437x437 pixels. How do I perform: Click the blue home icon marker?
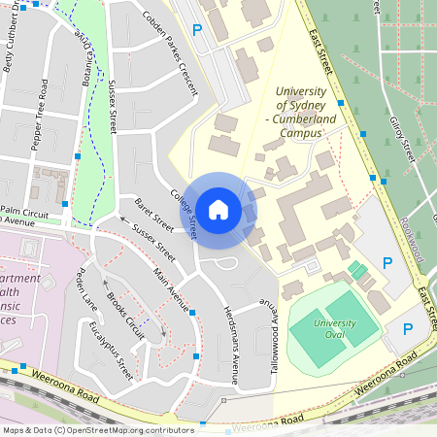pyautogui.click(x=218, y=209)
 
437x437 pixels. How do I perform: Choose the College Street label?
pyautogui.click(x=185, y=213)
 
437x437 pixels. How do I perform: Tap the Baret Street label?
pyautogui.click(x=154, y=216)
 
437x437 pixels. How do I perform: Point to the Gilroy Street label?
pyautogui.click(x=402, y=135)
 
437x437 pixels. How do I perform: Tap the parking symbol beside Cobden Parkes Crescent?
pyautogui.click(x=198, y=31)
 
